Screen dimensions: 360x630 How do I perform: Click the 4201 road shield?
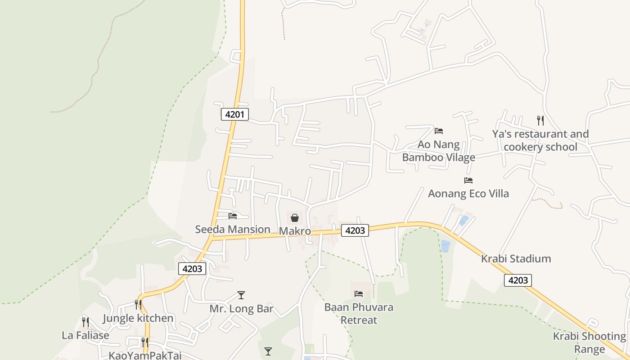tap(235, 114)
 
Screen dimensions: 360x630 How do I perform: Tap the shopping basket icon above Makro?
tap(295, 218)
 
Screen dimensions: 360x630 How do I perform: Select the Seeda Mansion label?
tap(232, 229)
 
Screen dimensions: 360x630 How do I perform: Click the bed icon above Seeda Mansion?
tap(233, 216)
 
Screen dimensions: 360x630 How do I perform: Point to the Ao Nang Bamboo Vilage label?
tap(438, 151)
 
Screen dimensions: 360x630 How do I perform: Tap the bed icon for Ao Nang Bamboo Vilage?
tap(439, 131)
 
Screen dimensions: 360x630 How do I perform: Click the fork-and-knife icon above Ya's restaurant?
tap(540, 120)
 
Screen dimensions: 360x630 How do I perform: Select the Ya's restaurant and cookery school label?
tap(540, 140)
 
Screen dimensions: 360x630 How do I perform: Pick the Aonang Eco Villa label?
tap(468, 193)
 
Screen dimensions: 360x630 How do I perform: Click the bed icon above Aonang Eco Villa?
tap(468, 180)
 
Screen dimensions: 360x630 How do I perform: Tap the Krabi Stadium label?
tap(516, 259)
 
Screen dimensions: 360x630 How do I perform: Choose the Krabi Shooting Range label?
tap(589, 343)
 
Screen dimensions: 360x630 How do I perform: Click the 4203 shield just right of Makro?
tap(355, 230)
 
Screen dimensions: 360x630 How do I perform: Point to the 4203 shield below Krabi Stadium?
tap(518, 280)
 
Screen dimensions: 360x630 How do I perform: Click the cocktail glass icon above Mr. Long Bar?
tap(241, 295)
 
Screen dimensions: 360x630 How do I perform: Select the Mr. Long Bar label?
tap(242, 309)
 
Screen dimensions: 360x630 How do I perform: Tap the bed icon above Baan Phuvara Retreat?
tap(359, 294)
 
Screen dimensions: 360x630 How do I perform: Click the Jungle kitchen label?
tap(138, 318)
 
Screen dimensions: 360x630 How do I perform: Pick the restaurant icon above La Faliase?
tap(85, 322)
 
